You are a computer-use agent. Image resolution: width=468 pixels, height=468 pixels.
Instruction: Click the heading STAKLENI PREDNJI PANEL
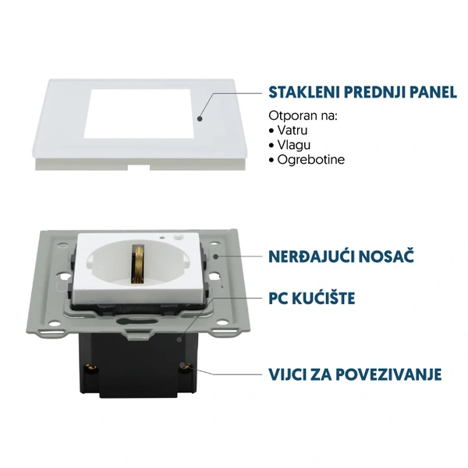click(x=362, y=93)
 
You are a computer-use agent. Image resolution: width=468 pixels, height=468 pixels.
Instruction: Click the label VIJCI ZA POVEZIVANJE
click(x=355, y=374)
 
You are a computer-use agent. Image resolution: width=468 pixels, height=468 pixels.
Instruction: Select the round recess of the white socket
click(x=140, y=265)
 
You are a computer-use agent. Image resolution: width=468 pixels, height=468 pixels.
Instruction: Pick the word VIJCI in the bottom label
click(x=288, y=374)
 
